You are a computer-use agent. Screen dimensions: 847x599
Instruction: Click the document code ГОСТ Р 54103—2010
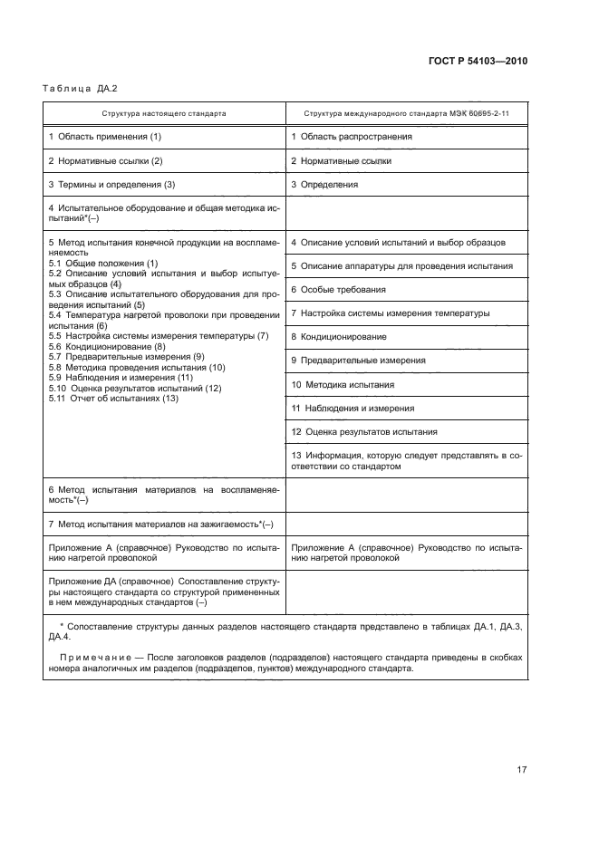[x=477, y=61]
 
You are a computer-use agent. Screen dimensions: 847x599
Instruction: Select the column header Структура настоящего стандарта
[x=164, y=114]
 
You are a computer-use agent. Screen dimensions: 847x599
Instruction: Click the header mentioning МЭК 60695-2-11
[x=407, y=114]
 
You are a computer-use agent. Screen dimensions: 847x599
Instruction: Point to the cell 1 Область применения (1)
[x=104, y=137]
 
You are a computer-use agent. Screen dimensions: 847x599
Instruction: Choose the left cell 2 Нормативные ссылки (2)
[x=105, y=160]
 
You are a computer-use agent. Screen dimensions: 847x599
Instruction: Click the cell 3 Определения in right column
[x=324, y=184]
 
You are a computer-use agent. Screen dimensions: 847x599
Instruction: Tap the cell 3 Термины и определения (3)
[x=111, y=184]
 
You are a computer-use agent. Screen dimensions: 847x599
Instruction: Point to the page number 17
[x=521, y=770]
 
